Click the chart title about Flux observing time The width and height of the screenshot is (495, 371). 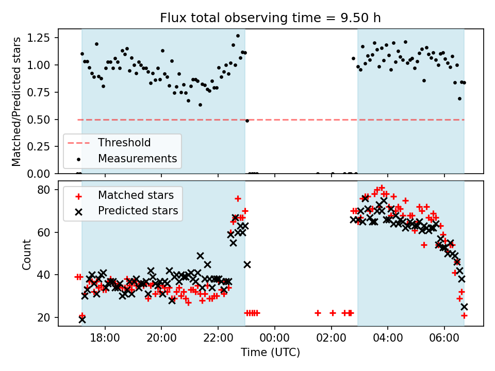click(270, 18)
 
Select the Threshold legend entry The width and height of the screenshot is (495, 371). click(124, 143)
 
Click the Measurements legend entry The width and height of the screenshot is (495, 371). click(138, 158)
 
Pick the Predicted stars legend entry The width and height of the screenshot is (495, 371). click(138, 211)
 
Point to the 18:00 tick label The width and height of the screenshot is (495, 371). click(105, 340)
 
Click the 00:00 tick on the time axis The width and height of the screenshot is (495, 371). click(274, 340)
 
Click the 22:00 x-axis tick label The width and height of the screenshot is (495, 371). click(218, 340)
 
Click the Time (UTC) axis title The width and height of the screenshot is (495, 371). click(270, 353)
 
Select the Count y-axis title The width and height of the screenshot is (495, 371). click(26, 254)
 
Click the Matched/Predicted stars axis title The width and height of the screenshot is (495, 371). click(17, 102)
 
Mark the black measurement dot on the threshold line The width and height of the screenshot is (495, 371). click(247, 121)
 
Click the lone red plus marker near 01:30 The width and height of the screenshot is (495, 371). click(318, 313)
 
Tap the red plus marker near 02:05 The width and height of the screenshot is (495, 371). click(333, 313)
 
